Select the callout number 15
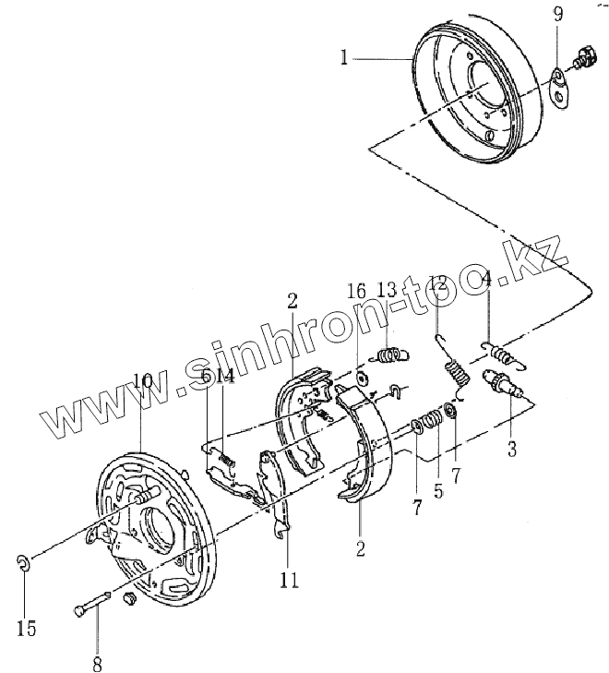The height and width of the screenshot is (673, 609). click(x=27, y=629)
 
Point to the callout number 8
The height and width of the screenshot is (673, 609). click(x=97, y=662)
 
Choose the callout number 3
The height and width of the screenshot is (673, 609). click(x=512, y=450)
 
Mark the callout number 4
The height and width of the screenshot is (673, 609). click(x=486, y=281)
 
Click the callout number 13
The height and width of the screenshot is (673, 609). click(x=386, y=291)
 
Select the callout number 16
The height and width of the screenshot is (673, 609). click(x=356, y=291)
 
